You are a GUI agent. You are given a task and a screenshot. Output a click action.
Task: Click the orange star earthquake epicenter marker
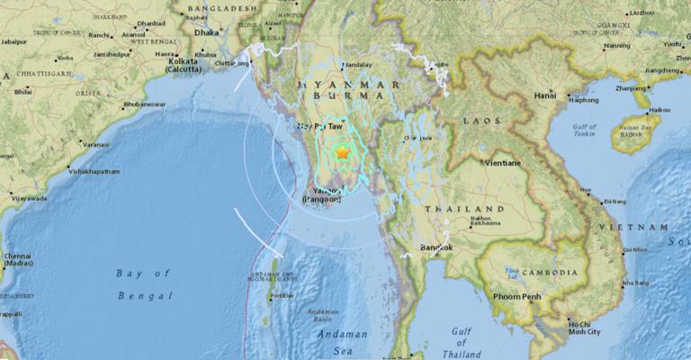[x=342, y=154]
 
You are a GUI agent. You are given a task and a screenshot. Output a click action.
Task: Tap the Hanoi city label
[x=545, y=94]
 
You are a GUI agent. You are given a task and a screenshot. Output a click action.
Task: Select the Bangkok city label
[x=435, y=246]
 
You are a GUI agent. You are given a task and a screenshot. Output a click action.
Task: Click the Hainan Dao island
[x=635, y=132]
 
